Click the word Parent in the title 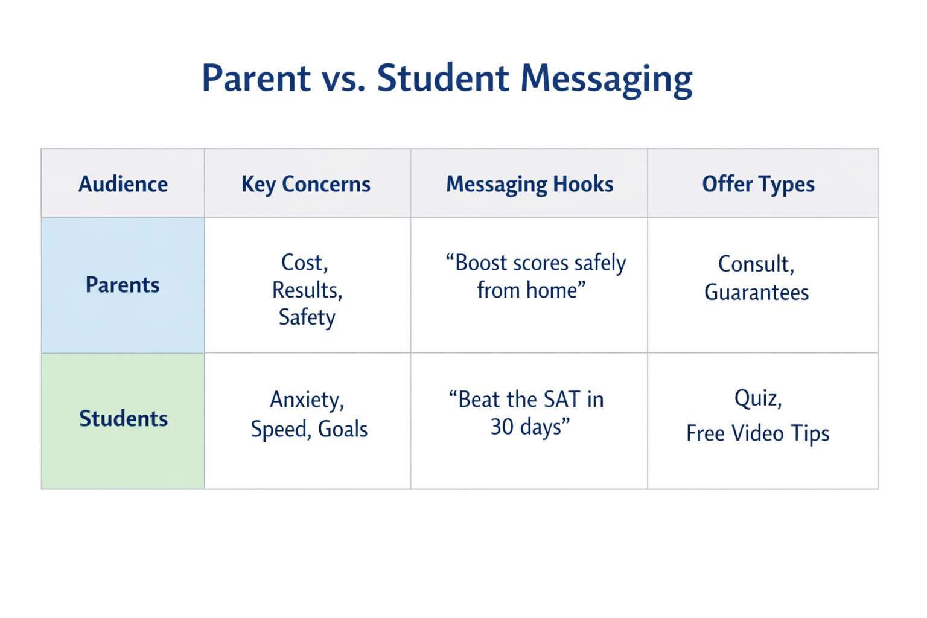256,78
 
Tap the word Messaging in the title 606,78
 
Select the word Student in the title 443,78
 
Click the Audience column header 123,184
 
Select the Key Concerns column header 306,184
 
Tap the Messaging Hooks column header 529,184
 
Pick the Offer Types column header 758,184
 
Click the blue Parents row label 123,285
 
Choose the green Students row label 123,419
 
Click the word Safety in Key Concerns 307,317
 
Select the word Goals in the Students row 342,429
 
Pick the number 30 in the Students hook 502,427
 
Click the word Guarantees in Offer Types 756,293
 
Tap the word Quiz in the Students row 757,399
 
